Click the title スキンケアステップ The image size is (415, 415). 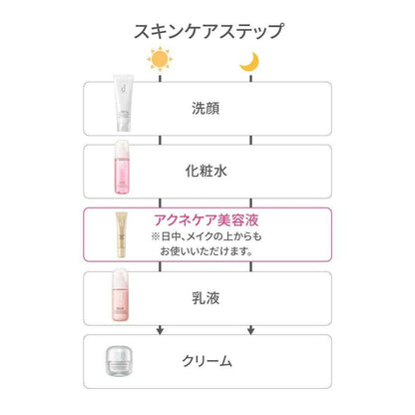click(208, 31)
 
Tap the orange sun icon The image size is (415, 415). click(160, 59)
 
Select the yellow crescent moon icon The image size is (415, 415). click(249, 62)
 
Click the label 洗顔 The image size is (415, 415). click(206, 109)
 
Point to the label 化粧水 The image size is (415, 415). click(207, 172)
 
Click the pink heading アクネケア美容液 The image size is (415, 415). click(207, 220)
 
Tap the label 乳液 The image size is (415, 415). click(206, 298)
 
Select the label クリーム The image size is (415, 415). click(207, 361)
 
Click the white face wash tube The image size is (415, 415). click(123, 103)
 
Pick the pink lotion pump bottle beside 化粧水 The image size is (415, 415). click(121, 168)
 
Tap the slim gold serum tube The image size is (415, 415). click(122, 234)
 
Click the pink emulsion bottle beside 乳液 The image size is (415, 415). click(121, 295)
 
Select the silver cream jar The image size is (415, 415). click(119, 361)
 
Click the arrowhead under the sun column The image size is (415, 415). click(160, 330)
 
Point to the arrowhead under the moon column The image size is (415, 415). click(251, 330)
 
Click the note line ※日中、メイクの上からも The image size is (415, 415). click(207, 236)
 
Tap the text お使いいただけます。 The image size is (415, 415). click(207, 251)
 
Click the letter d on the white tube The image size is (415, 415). click(124, 89)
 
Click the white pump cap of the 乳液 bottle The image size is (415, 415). click(121, 278)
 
